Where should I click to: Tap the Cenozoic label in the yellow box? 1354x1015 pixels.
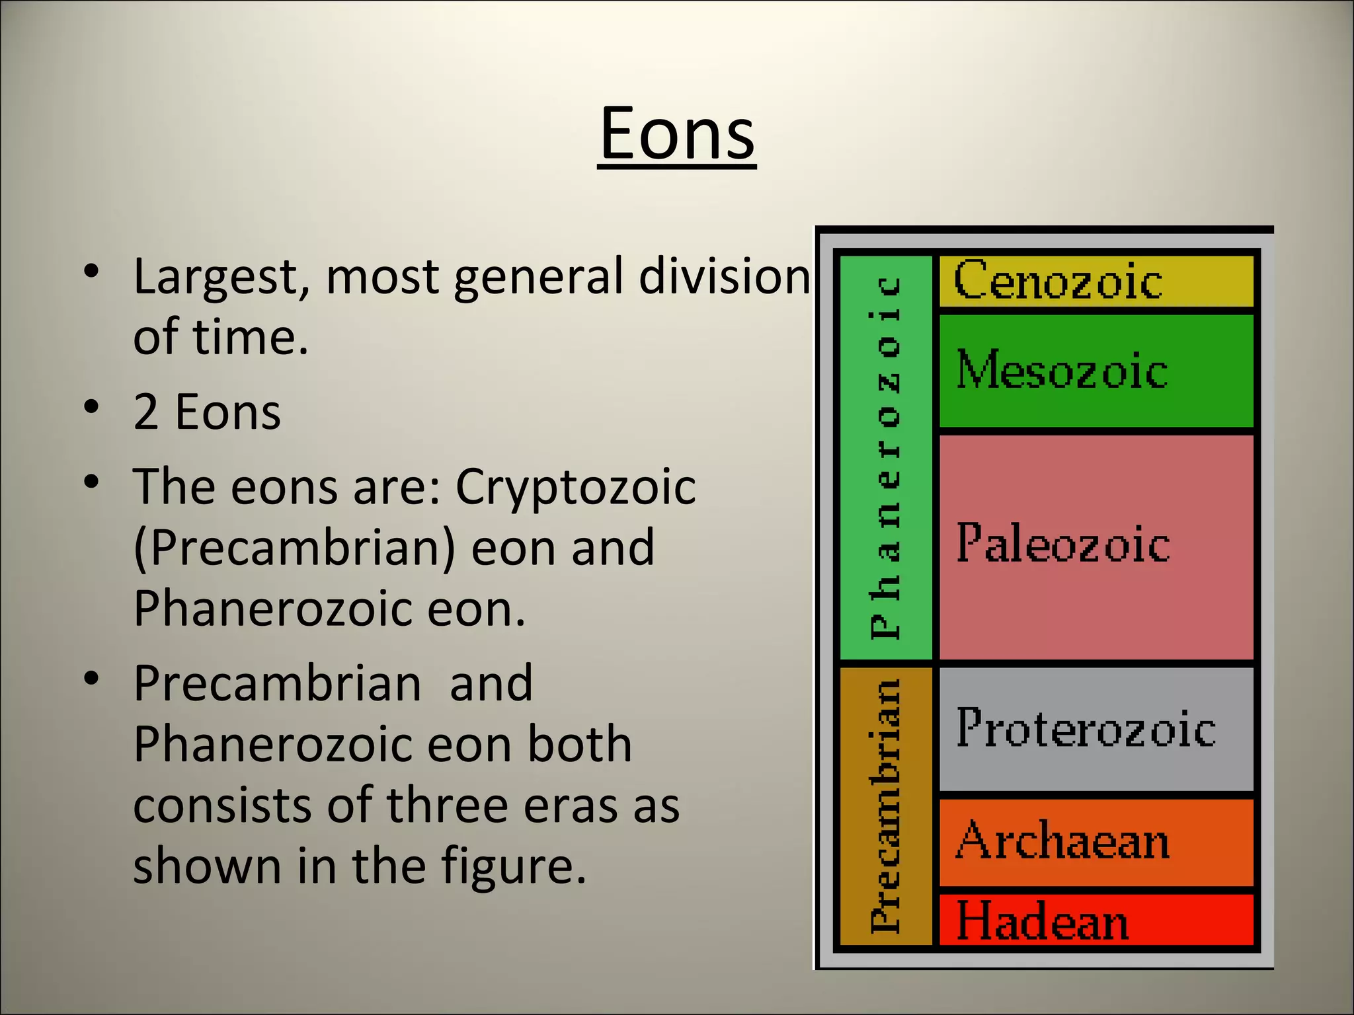(1058, 281)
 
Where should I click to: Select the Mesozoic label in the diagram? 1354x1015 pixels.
(1062, 370)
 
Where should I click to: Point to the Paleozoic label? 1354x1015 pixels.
(1063, 544)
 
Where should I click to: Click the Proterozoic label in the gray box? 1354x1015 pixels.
(1086, 728)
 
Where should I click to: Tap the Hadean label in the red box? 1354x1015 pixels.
(1043, 921)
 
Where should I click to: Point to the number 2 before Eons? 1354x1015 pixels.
(146, 412)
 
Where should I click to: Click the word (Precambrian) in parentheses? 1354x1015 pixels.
(294, 548)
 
